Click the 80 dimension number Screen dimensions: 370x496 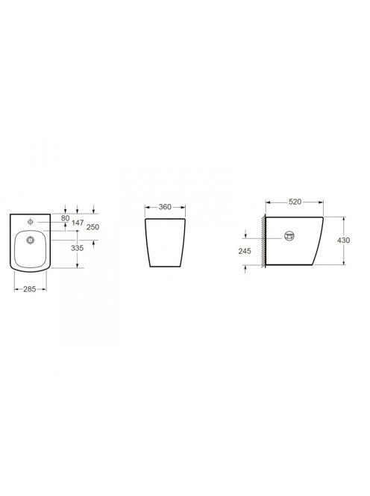click(x=65, y=218)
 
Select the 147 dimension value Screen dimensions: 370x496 click(x=78, y=223)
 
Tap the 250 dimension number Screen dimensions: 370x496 click(x=92, y=227)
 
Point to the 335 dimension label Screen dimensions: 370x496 click(x=77, y=248)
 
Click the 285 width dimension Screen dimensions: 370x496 click(x=29, y=289)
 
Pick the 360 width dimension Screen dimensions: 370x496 click(x=165, y=207)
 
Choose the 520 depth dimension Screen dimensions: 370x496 click(x=295, y=202)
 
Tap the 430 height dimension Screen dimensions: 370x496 click(x=343, y=241)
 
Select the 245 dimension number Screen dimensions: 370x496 click(x=245, y=251)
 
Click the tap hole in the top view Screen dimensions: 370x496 click(x=31, y=222)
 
